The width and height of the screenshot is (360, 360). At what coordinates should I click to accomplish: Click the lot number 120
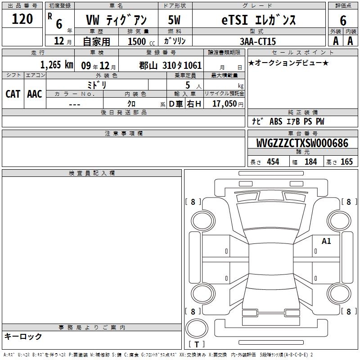pyautogui.click(x=22, y=19)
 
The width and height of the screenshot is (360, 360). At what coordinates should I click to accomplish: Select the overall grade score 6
pyautogui.click(x=343, y=20)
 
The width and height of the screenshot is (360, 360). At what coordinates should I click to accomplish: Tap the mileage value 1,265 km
pyautogui.click(x=57, y=65)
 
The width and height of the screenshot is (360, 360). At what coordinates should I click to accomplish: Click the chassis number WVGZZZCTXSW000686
pyautogui.click(x=302, y=143)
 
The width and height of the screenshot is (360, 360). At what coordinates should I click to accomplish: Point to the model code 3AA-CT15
pyautogui.click(x=257, y=41)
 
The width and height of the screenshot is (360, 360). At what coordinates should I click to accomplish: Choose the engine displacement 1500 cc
pyautogui.click(x=141, y=41)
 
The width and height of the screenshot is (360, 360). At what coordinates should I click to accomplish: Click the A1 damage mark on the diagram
pyautogui.click(x=326, y=241)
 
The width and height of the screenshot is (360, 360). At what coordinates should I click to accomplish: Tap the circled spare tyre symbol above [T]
pyautogui.click(x=197, y=328)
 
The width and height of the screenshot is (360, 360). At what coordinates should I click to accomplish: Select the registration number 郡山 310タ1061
pyautogui.click(x=171, y=65)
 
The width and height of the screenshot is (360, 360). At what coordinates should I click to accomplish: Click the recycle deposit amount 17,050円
pyautogui.click(x=228, y=104)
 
